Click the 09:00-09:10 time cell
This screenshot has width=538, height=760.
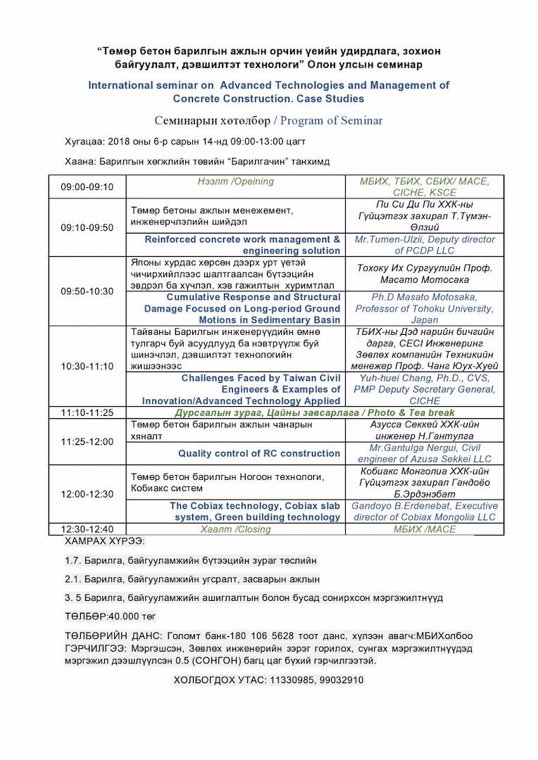click(87, 187)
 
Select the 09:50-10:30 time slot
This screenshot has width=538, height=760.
click(87, 291)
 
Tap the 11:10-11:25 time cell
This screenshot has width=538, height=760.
click(87, 412)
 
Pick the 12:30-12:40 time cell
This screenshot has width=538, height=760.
click(87, 529)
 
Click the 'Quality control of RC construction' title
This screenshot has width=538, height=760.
click(259, 454)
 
